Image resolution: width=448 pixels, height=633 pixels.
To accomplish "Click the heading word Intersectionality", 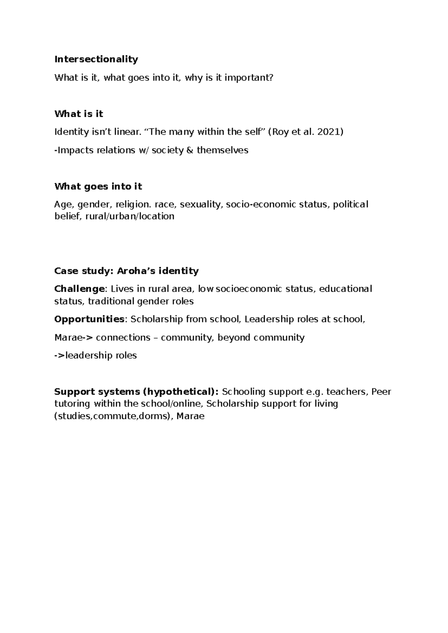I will [96, 59].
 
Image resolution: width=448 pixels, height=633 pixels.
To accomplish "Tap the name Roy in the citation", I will [281, 132].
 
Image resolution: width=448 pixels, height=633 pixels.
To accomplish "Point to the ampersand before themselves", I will [190, 150].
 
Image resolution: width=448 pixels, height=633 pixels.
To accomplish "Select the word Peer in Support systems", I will [381, 392].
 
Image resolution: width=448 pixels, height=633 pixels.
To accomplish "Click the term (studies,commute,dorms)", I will [113, 416].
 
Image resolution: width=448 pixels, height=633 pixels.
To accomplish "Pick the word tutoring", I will [72, 404].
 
